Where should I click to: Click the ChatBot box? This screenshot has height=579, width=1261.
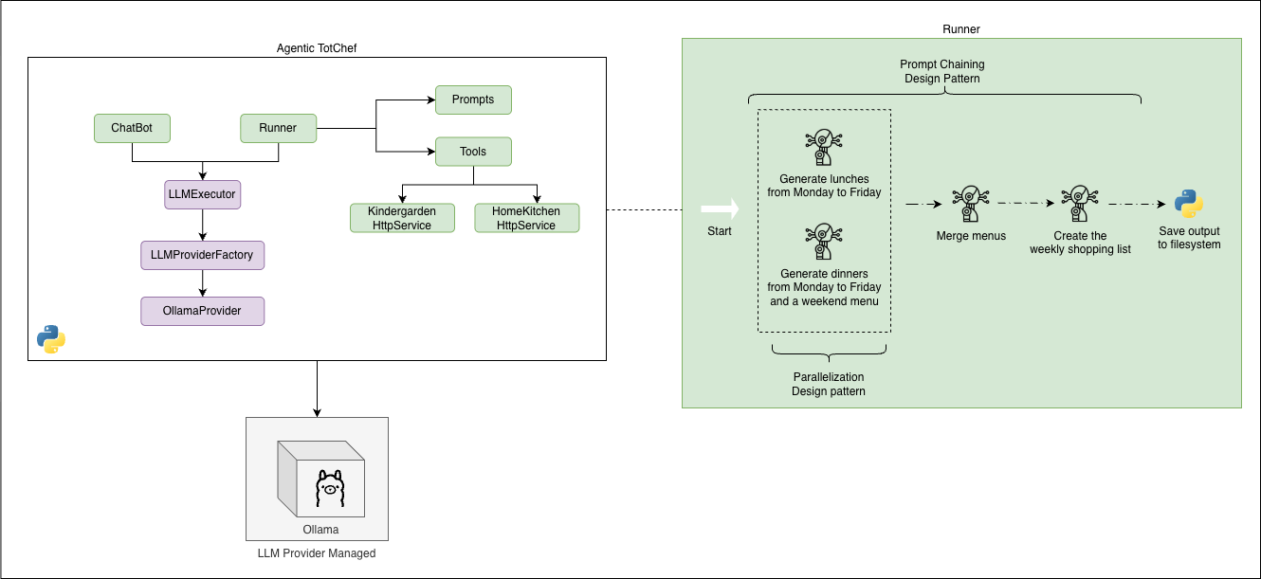click(x=132, y=128)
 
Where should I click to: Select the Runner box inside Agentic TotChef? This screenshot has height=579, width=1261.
click(x=277, y=128)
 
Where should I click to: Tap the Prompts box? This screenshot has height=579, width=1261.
click(x=473, y=100)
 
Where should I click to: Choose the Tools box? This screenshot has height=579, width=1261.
click(x=473, y=152)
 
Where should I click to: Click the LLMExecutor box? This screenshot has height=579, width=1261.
click(x=202, y=194)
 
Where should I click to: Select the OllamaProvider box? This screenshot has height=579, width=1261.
click(x=202, y=311)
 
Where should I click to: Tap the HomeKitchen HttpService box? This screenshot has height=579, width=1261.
click(x=526, y=218)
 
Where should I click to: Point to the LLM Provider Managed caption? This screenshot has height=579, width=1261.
click(x=317, y=553)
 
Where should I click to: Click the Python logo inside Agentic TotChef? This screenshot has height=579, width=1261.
click(x=51, y=339)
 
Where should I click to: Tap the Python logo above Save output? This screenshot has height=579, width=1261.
click(x=1189, y=204)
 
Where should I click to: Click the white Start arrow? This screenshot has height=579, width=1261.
click(x=719, y=208)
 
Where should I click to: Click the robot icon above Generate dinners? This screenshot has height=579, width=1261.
click(x=823, y=242)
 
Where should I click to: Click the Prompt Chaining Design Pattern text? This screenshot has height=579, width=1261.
click(x=941, y=72)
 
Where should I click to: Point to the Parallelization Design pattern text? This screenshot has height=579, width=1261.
click(x=829, y=384)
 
